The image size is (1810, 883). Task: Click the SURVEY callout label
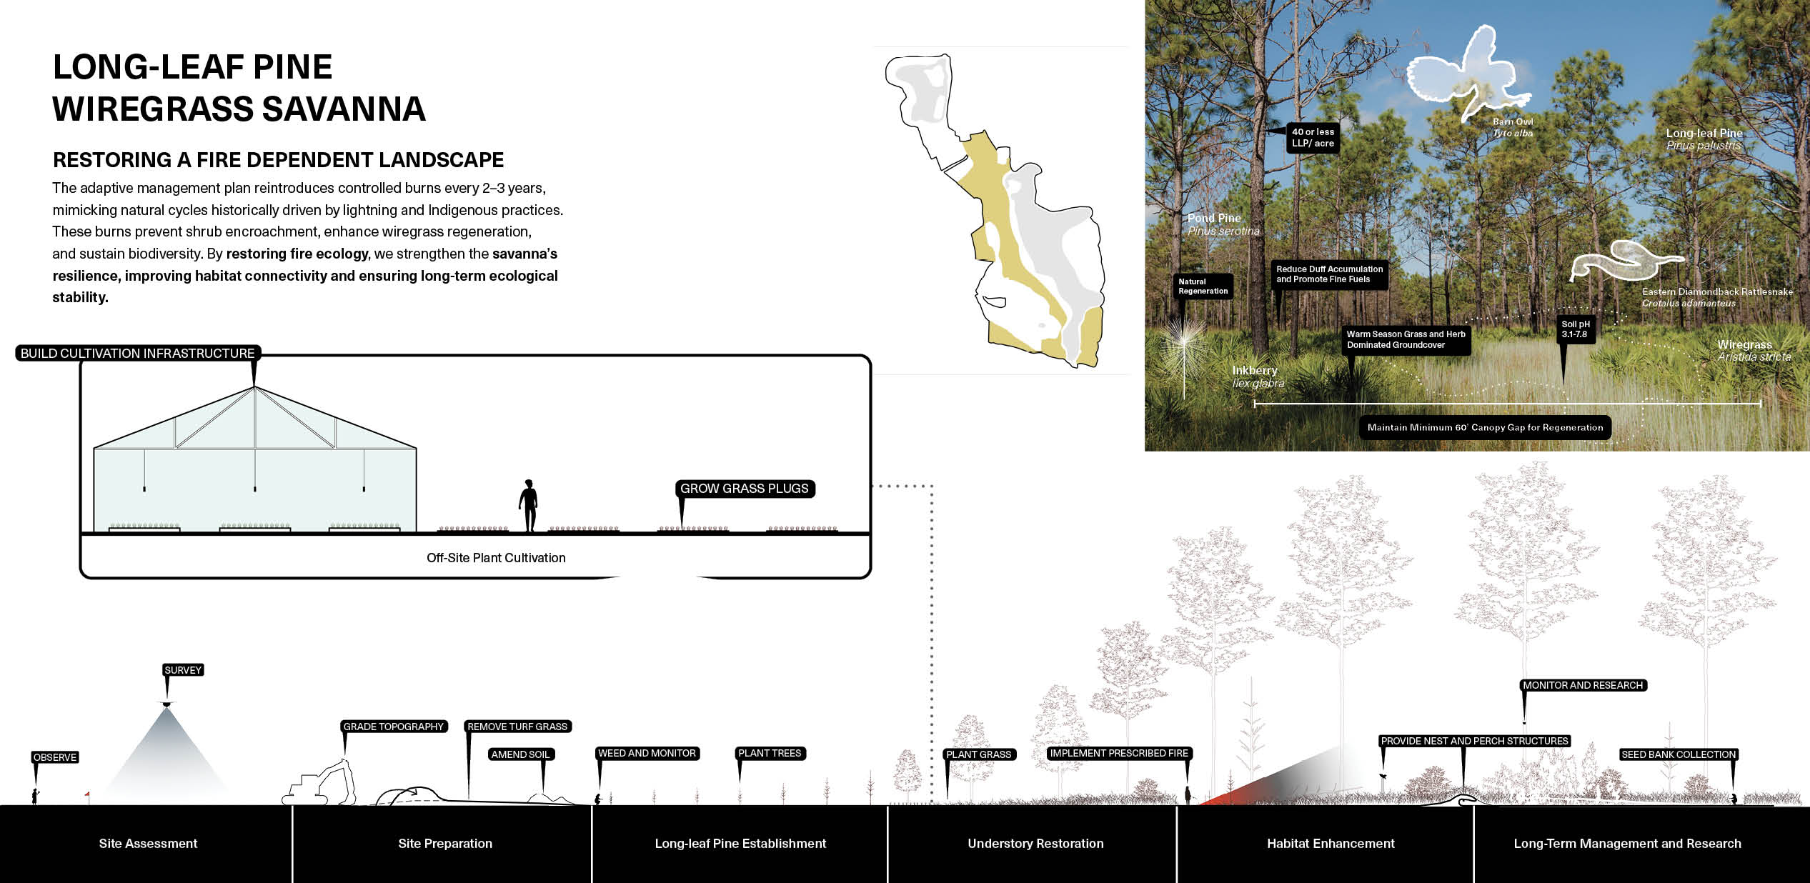(183, 670)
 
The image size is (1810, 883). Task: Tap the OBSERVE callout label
(55, 757)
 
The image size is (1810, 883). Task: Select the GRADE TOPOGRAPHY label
(394, 727)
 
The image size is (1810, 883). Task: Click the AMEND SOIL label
(520, 754)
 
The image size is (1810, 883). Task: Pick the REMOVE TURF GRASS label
(517, 727)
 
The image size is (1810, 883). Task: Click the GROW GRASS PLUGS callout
(745, 489)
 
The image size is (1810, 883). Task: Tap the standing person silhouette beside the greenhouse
(528, 506)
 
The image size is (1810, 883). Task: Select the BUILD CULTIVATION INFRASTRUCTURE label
(137, 353)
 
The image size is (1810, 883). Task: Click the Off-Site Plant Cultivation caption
(496, 558)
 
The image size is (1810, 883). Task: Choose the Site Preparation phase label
(445, 844)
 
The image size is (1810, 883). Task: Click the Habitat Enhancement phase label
(1331, 844)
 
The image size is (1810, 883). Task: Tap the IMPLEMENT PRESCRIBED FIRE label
(1119, 753)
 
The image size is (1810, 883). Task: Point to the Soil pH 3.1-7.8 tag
(1575, 329)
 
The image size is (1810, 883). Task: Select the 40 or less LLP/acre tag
(1313, 138)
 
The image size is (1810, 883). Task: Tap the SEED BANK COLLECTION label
(1679, 754)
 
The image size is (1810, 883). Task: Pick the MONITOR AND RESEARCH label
(1583, 685)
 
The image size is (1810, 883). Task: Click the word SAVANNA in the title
(344, 109)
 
